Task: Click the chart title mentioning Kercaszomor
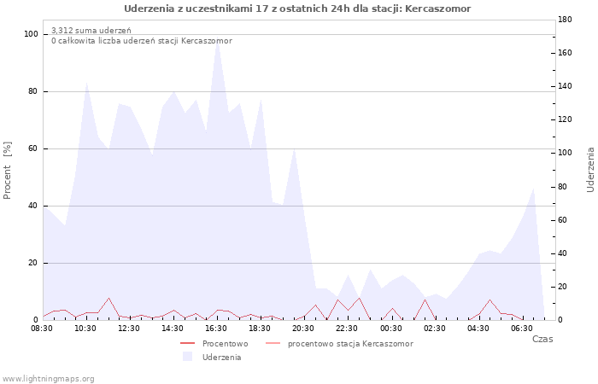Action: tap(297, 9)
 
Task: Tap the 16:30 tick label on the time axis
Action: tap(216, 329)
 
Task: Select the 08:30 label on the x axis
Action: tap(42, 329)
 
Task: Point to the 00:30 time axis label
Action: tap(391, 329)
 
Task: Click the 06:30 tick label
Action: tap(522, 329)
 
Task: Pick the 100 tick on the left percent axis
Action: tap(31, 34)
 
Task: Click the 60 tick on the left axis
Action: tap(33, 148)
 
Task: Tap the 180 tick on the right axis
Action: tap(565, 20)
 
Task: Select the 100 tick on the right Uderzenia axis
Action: tap(565, 153)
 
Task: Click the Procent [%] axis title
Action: tap(7, 171)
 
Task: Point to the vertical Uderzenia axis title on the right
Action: tap(590, 170)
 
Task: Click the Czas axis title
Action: tap(542, 339)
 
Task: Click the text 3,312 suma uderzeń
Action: tap(91, 31)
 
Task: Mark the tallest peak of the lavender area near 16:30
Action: tap(217, 39)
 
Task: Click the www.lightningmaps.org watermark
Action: tap(48, 379)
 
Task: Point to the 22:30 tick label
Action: tap(347, 329)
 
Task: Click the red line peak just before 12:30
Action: tap(108, 299)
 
